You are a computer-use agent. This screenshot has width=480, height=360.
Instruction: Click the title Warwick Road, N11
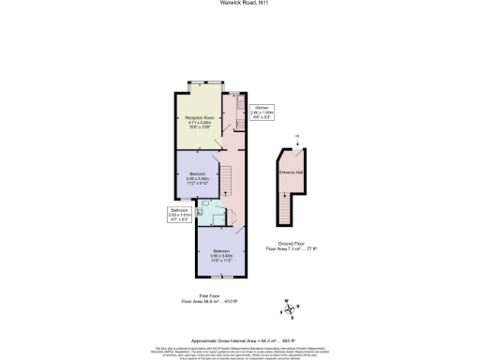239,6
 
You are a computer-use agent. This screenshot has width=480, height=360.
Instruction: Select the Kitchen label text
262,108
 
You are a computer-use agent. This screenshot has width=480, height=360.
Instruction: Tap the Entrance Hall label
288,171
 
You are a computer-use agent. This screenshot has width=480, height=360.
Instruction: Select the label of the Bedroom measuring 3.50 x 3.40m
220,252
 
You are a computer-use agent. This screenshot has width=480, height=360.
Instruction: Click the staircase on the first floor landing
225,177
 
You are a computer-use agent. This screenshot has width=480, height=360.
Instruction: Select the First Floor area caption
211,300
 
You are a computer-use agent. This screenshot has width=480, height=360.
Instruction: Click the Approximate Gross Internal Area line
239,339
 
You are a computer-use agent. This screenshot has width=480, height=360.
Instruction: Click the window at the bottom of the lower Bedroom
221,278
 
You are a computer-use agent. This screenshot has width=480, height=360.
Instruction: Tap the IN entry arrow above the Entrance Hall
295,142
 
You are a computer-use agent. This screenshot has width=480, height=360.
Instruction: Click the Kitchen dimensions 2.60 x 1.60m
262,115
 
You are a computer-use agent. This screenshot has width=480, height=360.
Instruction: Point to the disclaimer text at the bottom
239,352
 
